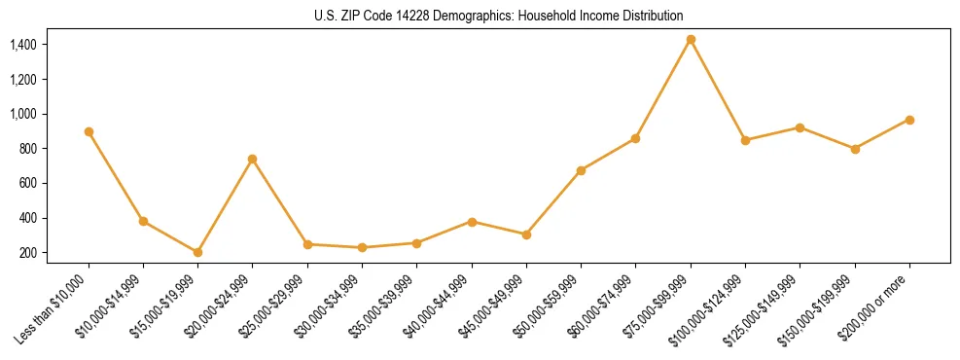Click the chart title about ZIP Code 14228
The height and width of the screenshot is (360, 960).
[499, 17]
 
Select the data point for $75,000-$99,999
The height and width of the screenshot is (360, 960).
[691, 40]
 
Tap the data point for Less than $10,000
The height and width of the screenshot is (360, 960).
[89, 131]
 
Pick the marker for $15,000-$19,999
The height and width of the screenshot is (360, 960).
[198, 252]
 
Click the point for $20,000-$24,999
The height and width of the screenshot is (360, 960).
[253, 159]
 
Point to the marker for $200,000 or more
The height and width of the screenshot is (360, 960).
[909, 120]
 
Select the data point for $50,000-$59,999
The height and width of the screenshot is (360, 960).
[581, 170]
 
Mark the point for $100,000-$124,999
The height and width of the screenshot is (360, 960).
[745, 140]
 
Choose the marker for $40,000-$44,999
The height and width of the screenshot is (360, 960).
[472, 222]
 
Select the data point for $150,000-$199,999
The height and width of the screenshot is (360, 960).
[855, 149]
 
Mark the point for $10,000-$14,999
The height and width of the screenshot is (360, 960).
[143, 221]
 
